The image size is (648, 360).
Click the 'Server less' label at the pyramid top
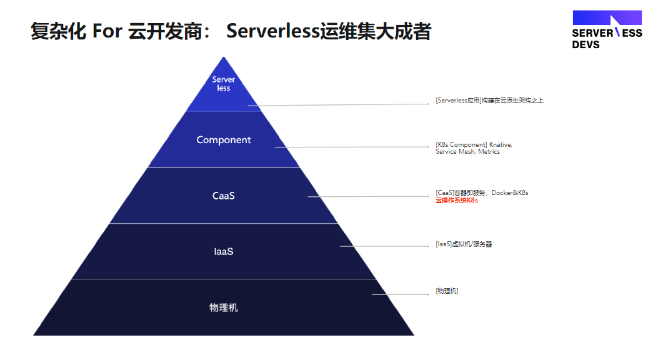click(223, 84)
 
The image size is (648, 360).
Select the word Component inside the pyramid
click(224, 140)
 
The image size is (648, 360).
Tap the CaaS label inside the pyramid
click(224, 196)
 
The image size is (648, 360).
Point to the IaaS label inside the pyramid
click(224, 251)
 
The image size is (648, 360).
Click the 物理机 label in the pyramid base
click(224, 307)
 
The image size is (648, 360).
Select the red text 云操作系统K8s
click(457, 201)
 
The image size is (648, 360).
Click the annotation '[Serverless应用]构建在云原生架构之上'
click(489, 101)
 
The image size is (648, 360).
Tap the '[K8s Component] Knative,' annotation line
click(474, 144)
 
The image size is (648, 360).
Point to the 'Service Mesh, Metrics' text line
click(467, 152)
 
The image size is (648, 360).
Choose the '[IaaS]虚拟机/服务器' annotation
click(464, 244)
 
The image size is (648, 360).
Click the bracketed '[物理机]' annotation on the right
click(447, 291)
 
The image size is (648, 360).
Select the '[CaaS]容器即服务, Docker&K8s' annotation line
click(482, 192)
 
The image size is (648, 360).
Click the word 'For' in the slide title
click(107, 31)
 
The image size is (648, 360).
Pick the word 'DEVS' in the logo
click(586, 44)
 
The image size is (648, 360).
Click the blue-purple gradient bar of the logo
click(607, 17)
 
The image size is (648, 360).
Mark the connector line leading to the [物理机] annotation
click(401, 295)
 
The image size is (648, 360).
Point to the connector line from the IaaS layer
click(385, 246)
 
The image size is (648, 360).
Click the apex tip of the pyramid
click(224, 57)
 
